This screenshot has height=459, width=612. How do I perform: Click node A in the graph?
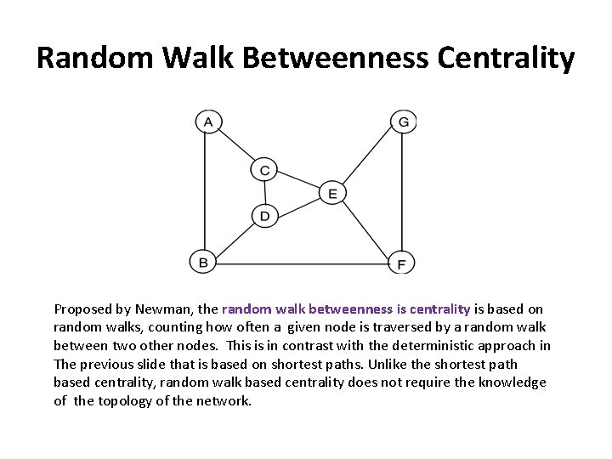[x=207, y=122]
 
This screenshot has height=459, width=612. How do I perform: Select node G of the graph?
[x=403, y=122]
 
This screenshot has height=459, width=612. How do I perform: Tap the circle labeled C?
[x=264, y=171]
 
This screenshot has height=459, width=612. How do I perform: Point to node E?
[x=332, y=194]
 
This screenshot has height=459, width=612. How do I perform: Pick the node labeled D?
[x=264, y=217]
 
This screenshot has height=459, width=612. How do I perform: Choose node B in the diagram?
[x=203, y=262]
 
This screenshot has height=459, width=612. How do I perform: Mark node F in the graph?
[x=400, y=263]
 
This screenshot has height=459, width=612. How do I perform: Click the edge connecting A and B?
[x=205, y=191]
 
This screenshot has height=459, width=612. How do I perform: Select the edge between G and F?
[x=402, y=192]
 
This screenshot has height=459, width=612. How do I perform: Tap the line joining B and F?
[x=302, y=262]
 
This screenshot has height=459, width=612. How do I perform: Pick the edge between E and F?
[x=365, y=228]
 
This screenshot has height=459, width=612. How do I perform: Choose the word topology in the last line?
[x=116, y=401]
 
